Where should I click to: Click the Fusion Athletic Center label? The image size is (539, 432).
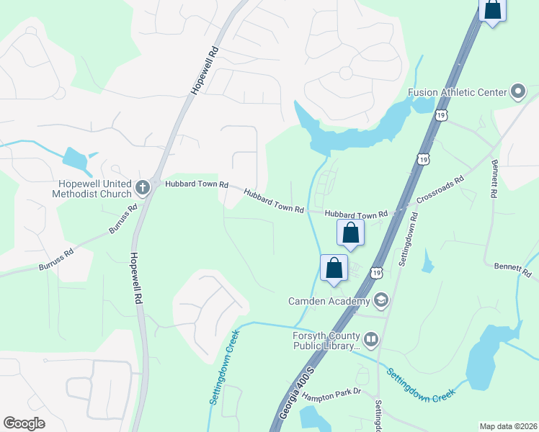[x=458, y=91]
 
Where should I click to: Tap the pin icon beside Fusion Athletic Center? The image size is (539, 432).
[x=517, y=91]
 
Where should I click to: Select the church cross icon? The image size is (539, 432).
[x=142, y=188]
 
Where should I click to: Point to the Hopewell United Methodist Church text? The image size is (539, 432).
[x=92, y=189]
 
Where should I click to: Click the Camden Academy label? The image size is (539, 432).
[x=329, y=300]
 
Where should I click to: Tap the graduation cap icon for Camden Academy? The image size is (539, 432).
[x=380, y=300]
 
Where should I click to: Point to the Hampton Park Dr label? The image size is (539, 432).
[x=331, y=396]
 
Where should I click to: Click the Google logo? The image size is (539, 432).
[x=24, y=423]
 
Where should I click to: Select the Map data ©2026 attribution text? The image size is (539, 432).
[x=508, y=426]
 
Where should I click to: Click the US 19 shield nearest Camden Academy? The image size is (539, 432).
[x=376, y=271]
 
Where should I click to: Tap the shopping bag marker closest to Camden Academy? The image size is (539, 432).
[x=334, y=267]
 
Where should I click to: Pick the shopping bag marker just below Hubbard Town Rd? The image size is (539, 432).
[x=350, y=233]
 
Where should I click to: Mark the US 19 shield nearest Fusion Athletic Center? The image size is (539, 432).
[x=441, y=114]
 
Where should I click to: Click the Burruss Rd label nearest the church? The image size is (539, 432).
[x=122, y=220]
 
